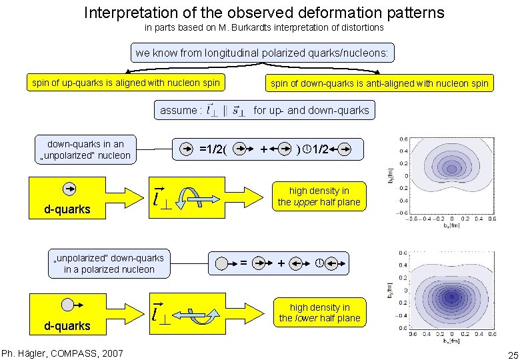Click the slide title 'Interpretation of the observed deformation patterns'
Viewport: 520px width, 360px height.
tap(264, 13)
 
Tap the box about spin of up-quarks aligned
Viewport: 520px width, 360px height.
tap(126, 83)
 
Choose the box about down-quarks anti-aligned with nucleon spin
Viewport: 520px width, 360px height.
tap(379, 83)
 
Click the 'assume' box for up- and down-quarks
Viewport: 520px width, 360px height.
tap(264, 110)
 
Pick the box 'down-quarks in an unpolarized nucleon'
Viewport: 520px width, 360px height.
tap(85, 150)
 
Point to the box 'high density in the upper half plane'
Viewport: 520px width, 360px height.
tap(319, 197)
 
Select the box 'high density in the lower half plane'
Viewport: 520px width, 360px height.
tap(319, 313)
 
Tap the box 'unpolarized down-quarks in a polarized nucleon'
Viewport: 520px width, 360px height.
tap(109, 263)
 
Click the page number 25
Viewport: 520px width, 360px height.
tap(511, 353)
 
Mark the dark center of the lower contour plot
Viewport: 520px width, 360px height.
tap(451, 296)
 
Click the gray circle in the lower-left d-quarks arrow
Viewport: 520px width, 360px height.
tap(67, 305)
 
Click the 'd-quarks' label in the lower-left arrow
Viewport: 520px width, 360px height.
tap(67, 326)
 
